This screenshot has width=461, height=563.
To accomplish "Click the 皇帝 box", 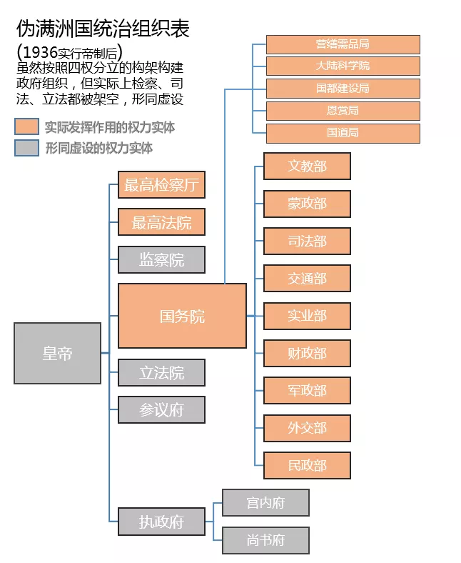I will pyautogui.click(x=57, y=353).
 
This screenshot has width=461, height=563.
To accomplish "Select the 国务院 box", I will pyautogui.click(x=182, y=315).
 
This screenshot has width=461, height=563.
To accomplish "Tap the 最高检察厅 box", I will pyautogui.click(x=161, y=185).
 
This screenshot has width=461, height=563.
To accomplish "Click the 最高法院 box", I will pyautogui.click(x=161, y=222).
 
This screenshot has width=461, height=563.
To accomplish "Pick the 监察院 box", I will pyautogui.click(x=161, y=259).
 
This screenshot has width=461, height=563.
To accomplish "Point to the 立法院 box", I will pyautogui.click(x=161, y=372).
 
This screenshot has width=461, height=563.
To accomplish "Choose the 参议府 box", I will pyautogui.click(x=161, y=409).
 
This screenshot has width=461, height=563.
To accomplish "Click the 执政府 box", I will pyautogui.click(x=161, y=522).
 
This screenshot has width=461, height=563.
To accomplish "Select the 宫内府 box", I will pyautogui.click(x=265, y=502).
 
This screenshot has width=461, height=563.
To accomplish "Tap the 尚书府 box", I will pyautogui.click(x=265, y=540).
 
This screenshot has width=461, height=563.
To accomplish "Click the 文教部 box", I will pyautogui.click(x=307, y=166).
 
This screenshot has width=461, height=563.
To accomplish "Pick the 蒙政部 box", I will pyautogui.click(x=307, y=204).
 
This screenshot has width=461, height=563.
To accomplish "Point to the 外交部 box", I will pyautogui.click(x=307, y=428).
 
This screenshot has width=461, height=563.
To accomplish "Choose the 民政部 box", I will pyautogui.click(x=307, y=465).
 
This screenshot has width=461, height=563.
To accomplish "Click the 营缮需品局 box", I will pyautogui.click(x=343, y=44).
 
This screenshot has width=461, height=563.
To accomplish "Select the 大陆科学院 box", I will pyautogui.click(x=343, y=66).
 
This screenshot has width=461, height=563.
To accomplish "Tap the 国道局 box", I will pyautogui.click(x=343, y=133).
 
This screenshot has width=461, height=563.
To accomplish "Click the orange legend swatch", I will pyautogui.click(x=26, y=127).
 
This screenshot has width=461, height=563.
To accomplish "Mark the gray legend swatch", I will pyautogui.click(x=26, y=148).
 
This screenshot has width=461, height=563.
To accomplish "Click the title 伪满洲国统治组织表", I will pyautogui.click(x=103, y=29).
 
